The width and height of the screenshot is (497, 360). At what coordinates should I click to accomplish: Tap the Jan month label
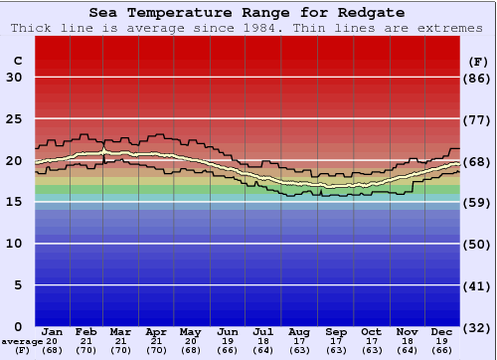[53, 331]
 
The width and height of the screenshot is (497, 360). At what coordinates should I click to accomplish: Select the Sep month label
[336, 331]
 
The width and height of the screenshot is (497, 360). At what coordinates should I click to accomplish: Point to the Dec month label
[442, 331]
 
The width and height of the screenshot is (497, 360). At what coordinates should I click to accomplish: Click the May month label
[191, 331]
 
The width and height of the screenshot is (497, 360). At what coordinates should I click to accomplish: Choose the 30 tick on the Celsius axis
[14, 78]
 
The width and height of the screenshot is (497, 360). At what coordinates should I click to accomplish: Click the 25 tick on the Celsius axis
[14, 119]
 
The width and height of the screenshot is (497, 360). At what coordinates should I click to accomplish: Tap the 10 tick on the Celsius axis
[14, 244]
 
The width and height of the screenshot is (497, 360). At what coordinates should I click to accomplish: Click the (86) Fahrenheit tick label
[478, 78]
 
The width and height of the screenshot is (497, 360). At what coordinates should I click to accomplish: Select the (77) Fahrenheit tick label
[478, 119]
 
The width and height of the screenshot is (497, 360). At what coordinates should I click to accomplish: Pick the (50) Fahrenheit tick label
[478, 244]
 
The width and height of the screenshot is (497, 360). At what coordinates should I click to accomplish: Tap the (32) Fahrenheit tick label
[478, 326]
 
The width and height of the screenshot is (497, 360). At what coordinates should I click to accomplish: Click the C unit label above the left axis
[17, 61]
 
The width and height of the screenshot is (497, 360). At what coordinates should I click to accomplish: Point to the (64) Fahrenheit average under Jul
[263, 349]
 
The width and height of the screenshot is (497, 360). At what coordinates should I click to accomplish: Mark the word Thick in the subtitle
[31, 28]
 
